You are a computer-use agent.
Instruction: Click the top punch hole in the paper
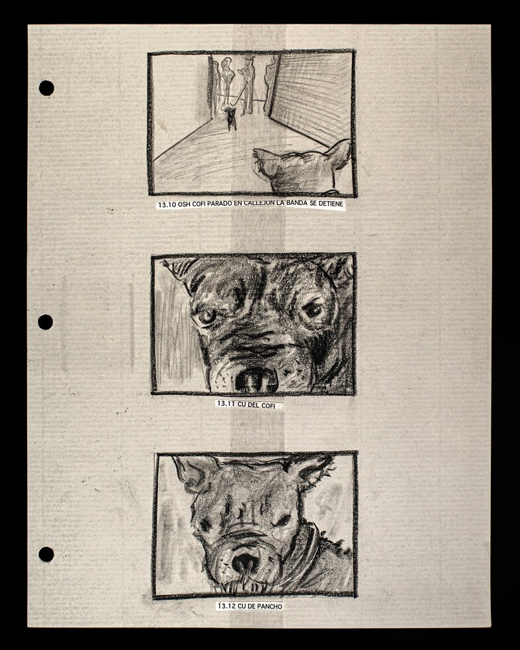click(x=46, y=88)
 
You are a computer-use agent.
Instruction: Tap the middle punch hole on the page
click(x=46, y=322)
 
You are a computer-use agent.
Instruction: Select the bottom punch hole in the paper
click(x=46, y=554)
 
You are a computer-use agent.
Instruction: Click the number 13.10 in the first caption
click(x=167, y=205)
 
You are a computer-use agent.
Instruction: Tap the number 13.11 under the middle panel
click(x=226, y=404)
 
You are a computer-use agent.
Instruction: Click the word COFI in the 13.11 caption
click(x=268, y=405)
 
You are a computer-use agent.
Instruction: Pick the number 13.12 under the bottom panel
click(x=227, y=606)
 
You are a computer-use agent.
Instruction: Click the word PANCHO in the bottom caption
click(x=269, y=606)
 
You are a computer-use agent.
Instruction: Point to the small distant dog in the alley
click(x=231, y=118)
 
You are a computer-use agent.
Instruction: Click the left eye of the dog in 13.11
click(x=207, y=317)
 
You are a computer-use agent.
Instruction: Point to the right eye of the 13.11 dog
click(x=314, y=309)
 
